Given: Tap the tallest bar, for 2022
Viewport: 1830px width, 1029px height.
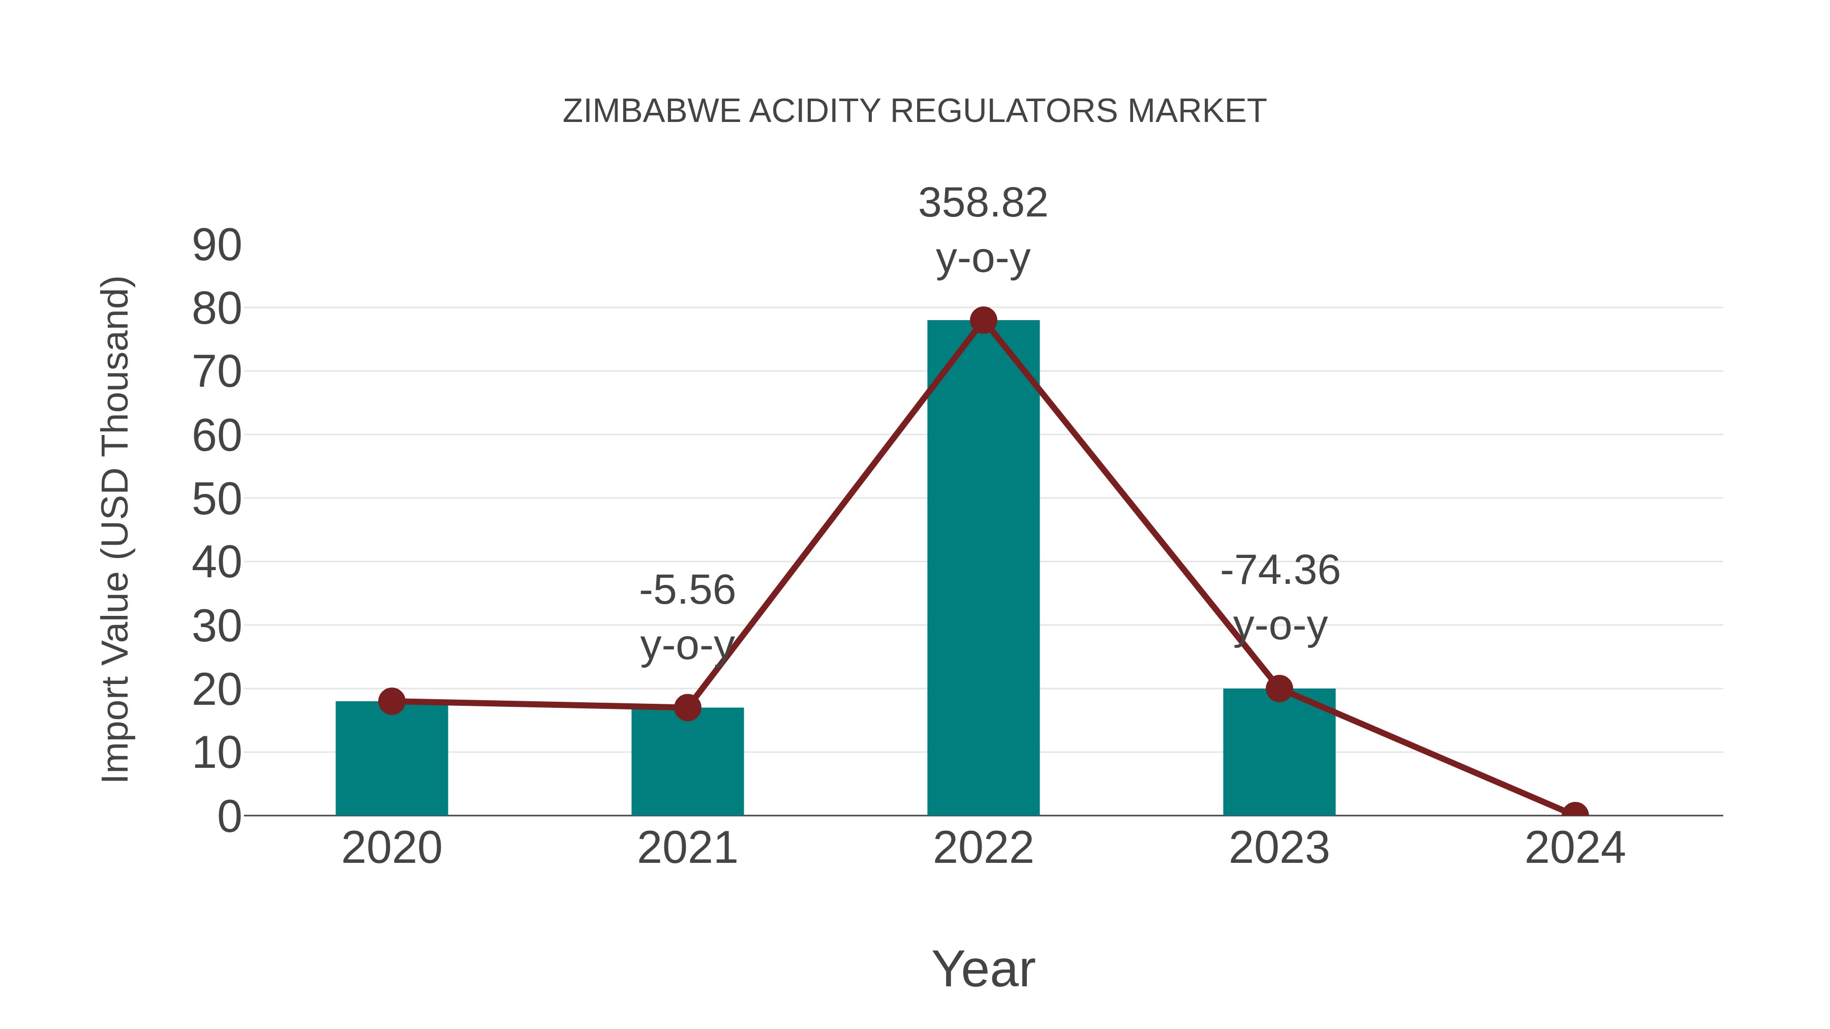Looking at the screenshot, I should point(983,568).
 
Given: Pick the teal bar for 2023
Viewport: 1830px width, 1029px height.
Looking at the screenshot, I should point(1279,753).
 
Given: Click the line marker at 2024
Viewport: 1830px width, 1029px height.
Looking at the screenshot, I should point(1575,814).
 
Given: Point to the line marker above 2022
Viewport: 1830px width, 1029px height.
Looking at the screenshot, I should point(983,320).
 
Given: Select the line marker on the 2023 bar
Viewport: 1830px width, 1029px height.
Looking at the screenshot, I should point(1279,688).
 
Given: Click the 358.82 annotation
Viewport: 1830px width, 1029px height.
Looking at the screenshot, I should point(983,203).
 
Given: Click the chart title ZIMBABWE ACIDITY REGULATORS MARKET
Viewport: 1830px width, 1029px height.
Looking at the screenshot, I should point(914,111).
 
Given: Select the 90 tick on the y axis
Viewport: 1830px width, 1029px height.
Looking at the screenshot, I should point(217,246).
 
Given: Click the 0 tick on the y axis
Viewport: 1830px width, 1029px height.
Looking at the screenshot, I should point(229,817).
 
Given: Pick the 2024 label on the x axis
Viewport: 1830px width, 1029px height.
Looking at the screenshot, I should point(1575,848).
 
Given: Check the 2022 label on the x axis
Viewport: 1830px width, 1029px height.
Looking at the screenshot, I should point(983,848).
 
